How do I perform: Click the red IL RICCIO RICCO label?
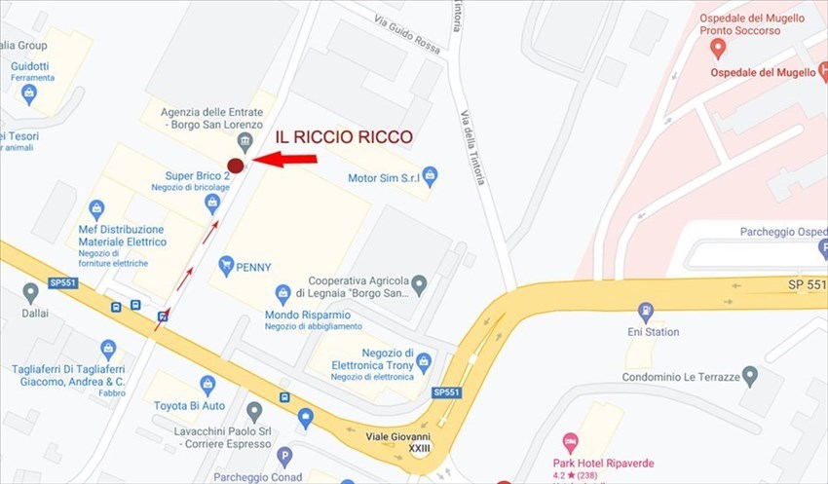pyautogui.click(x=343, y=137)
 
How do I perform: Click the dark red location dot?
pyautogui.click(x=235, y=166)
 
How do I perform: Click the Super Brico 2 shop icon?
pyautogui.click(x=212, y=204)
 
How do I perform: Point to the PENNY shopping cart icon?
pyautogui.click(x=226, y=264)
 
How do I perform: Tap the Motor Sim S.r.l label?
pyautogui.click(x=384, y=178)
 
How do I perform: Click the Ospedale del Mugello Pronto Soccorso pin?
pyautogui.click(x=718, y=48)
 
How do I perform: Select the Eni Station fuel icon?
pyautogui.click(x=645, y=313)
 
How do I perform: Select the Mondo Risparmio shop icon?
pyautogui.click(x=282, y=293)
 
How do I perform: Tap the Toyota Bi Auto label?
pyautogui.click(x=189, y=405)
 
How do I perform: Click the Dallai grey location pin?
pyautogui.click(x=30, y=292)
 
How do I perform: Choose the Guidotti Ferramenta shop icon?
pyautogui.click(x=29, y=94)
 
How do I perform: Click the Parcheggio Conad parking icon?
pyautogui.click(x=284, y=456)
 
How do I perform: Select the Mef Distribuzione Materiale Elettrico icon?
pyautogui.click(x=96, y=209)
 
